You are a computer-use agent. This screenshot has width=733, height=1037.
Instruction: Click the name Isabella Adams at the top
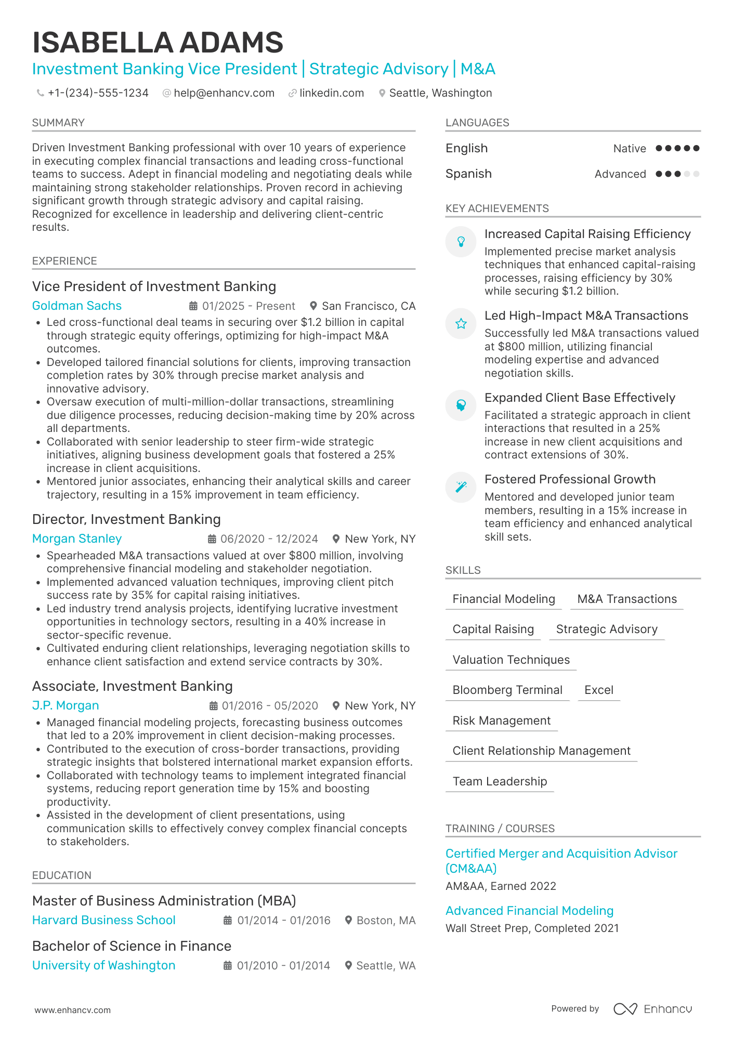[x=158, y=43]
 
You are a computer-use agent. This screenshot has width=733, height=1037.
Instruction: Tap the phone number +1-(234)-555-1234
[x=98, y=93]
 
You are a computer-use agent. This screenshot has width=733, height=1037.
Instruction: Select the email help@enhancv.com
[x=224, y=93]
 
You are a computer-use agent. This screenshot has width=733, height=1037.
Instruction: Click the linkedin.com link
[x=331, y=93]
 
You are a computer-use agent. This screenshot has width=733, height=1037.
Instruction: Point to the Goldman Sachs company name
[x=77, y=306]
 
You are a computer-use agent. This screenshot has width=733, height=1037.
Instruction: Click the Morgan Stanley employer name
[x=77, y=539]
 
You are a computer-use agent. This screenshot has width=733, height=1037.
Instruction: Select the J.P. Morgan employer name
[x=66, y=705]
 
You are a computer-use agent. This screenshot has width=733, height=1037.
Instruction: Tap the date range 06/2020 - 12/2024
[x=269, y=539]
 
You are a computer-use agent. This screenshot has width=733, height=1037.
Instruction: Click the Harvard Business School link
[x=104, y=920]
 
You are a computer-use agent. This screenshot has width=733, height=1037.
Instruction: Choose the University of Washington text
[x=104, y=965]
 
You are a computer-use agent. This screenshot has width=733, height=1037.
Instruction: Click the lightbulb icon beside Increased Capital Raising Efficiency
[x=461, y=242]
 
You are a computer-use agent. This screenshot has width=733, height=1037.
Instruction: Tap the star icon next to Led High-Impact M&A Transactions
[x=461, y=324]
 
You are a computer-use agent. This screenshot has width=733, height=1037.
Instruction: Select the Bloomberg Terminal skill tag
[x=507, y=690]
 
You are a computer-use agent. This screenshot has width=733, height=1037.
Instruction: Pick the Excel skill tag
[x=599, y=690]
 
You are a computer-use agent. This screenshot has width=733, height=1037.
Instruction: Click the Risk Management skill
[x=502, y=720]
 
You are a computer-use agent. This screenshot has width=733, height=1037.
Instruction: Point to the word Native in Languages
[x=630, y=149]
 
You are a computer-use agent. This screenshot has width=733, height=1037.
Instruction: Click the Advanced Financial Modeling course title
[x=529, y=911]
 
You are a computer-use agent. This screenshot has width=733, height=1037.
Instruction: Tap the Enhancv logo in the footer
[x=652, y=1009]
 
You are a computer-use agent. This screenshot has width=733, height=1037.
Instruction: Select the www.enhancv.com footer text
[x=73, y=1010]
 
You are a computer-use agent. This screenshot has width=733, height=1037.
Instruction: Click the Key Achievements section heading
[x=497, y=208]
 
